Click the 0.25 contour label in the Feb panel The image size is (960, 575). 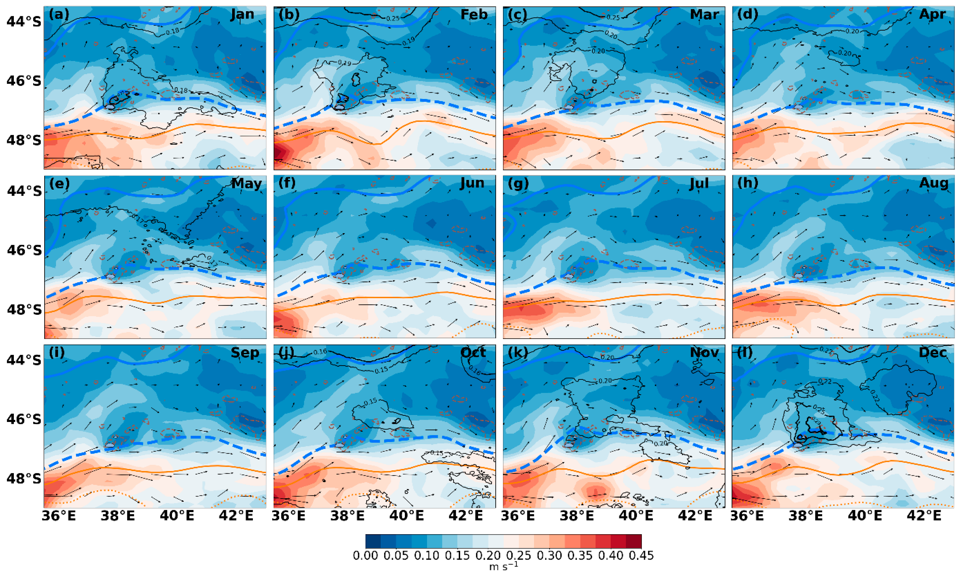tap(393, 18)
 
